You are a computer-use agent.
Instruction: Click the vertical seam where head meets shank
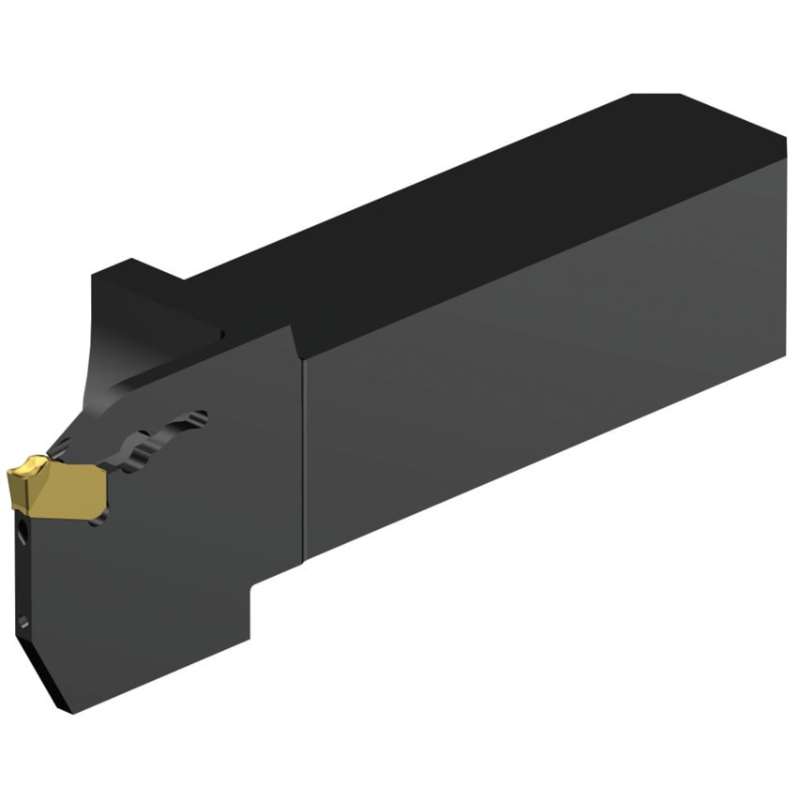click(x=302, y=450)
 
